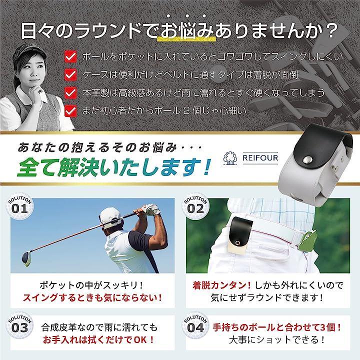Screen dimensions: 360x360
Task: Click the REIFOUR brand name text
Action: pyautogui.click(x=260, y=157)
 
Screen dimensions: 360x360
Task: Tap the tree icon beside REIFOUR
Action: pyautogui.click(x=230, y=158)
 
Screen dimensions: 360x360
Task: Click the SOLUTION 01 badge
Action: pyautogui.click(x=19, y=206)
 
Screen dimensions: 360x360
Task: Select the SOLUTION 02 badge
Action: pyautogui.click(x=195, y=206)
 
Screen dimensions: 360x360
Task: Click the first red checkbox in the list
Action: pyautogui.click(x=70, y=56)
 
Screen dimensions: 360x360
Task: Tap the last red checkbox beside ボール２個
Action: pyautogui.click(x=70, y=111)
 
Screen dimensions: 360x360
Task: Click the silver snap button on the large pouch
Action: pyautogui.click(x=306, y=160)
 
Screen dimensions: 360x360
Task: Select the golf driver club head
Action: pyautogui.click(x=27, y=259)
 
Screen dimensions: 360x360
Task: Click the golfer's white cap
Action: pyautogui.click(x=110, y=218)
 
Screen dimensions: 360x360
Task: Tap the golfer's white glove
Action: pyautogui.click(x=152, y=209)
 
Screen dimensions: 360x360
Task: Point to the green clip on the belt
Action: pyautogui.click(x=308, y=240)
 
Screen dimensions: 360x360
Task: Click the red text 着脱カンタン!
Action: pyautogui.click(x=221, y=285)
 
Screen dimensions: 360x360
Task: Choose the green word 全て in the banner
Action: pyautogui.click(x=37, y=167)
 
